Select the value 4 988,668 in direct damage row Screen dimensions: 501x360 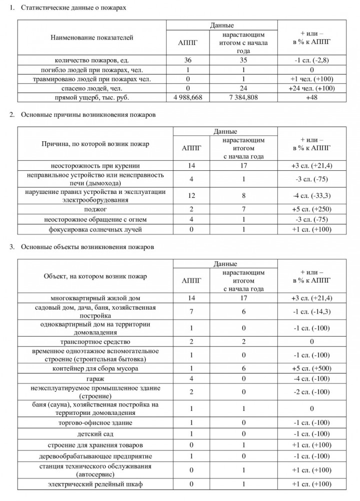[188, 98]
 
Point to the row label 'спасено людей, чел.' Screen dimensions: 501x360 [92, 89]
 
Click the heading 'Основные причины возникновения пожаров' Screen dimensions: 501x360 [88, 115]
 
